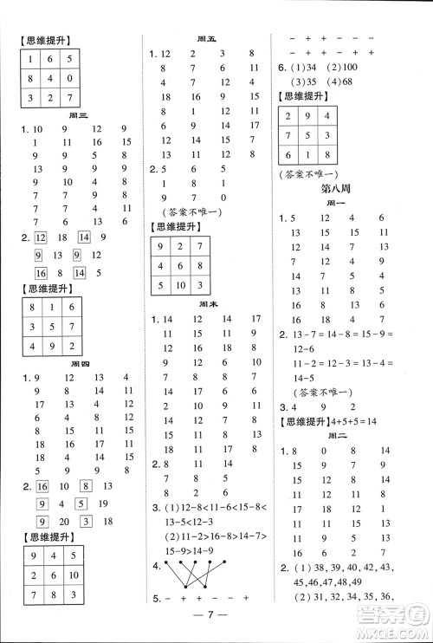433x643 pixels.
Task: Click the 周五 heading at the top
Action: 206,39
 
